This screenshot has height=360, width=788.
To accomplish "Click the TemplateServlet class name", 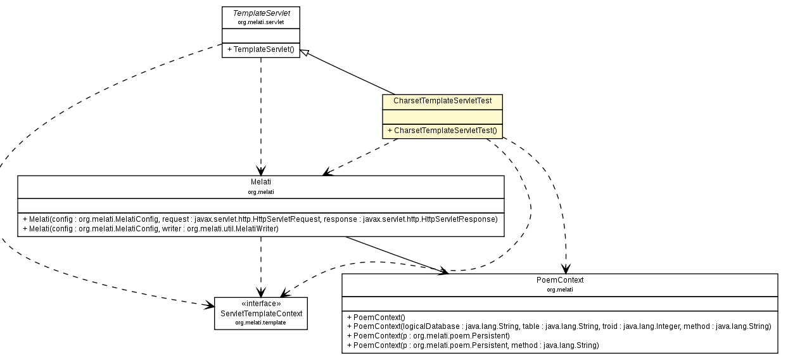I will point(260,13).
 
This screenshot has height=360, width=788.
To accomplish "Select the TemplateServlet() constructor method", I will point(260,49).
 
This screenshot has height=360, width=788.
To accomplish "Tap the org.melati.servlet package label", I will point(260,22).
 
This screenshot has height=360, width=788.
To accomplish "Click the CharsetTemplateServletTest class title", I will point(442,101).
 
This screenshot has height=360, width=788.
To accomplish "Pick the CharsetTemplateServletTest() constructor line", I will point(442,131).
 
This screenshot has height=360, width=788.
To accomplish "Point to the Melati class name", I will point(260,182).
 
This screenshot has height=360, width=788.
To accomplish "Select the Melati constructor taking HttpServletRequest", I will point(260,219).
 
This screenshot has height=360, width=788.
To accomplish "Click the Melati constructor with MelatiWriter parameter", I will point(151,228).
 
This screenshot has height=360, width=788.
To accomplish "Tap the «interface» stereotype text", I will point(260,304).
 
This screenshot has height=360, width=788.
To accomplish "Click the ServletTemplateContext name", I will point(260,314).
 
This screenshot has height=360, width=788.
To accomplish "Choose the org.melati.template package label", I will point(260,323).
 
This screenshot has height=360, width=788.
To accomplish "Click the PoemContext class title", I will point(559,280).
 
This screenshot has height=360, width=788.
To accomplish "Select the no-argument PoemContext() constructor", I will point(376,317).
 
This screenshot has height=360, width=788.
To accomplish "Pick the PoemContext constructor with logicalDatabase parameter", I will point(559,326).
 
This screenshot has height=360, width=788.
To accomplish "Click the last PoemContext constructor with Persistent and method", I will point(473,345).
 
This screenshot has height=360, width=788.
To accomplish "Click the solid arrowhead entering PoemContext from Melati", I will point(443,271).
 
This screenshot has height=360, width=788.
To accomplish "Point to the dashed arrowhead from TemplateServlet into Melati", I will point(260,170).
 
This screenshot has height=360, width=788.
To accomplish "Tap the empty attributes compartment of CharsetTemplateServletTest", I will point(442,116).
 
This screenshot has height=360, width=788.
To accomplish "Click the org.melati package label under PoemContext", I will point(559,289).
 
